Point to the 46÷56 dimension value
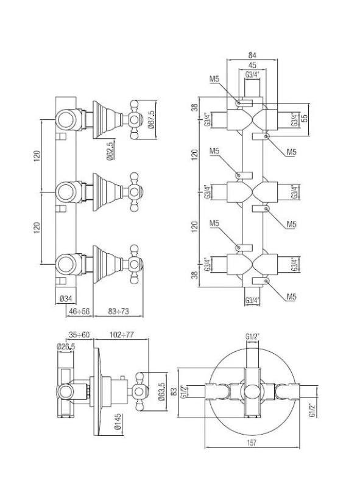click(78, 310)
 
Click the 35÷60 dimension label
click(79, 334)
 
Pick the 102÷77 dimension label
click(123, 334)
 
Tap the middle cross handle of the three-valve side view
click(135, 192)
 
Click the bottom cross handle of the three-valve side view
click(135, 264)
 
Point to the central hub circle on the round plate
click(250, 388)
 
